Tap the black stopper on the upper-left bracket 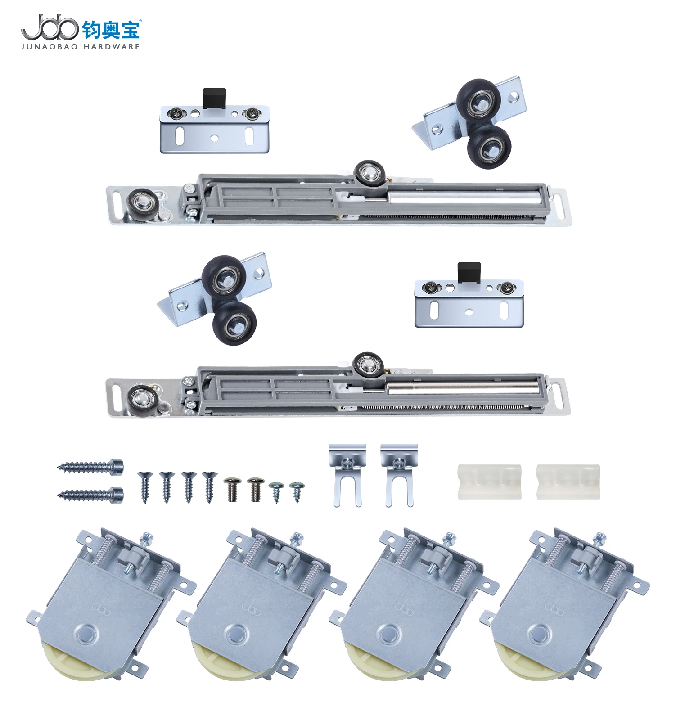[214, 98]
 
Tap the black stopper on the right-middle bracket [469, 273]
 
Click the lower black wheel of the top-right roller [490, 147]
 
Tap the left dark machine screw [232, 490]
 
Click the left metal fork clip [347, 475]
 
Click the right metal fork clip [399, 475]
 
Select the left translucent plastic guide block [489, 481]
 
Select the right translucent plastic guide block [568, 481]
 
